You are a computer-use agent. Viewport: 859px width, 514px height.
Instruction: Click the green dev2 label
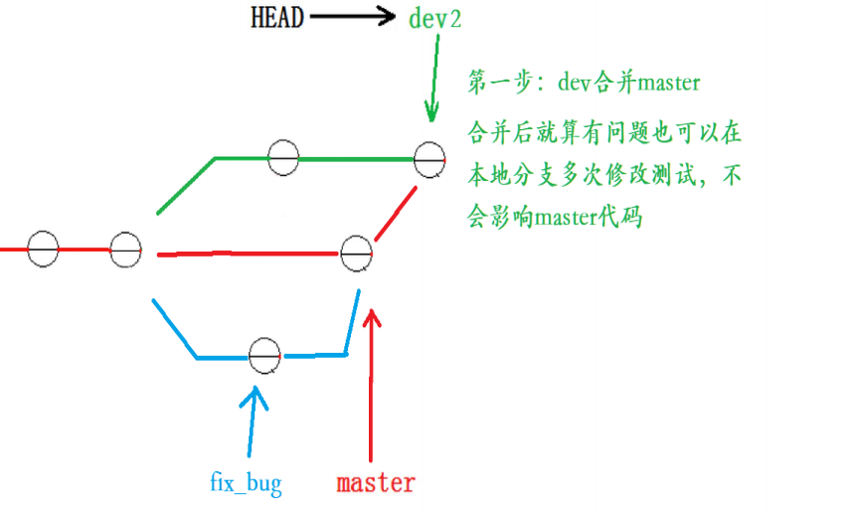click(434, 19)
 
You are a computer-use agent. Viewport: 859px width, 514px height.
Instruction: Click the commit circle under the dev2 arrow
click(429, 158)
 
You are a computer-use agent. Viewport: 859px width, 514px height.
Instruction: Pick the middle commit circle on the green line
click(283, 157)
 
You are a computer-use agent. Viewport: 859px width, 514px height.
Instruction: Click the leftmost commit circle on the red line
click(43, 249)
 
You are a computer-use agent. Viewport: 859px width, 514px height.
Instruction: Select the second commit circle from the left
click(125, 249)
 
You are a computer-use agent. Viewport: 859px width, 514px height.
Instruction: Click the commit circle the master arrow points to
click(356, 254)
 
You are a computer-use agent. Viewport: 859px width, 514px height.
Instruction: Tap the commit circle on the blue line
click(264, 355)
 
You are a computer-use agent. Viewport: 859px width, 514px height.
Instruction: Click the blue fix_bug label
click(246, 484)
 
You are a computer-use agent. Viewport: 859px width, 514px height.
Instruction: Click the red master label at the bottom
click(375, 484)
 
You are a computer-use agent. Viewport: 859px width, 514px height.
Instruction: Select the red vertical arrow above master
click(373, 388)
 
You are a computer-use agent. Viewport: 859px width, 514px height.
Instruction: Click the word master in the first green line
click(668, 84)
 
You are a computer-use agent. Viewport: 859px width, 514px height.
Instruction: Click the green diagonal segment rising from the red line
click(186, 186)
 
